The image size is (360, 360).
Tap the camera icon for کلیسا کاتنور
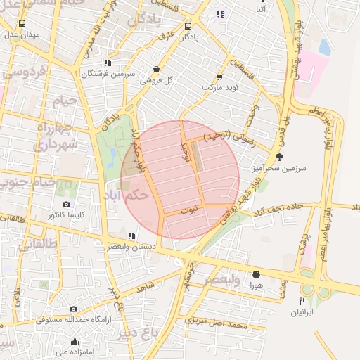pos(66,204)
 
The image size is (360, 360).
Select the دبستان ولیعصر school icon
pos(131,236)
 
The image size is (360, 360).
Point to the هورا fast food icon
pos(256,274)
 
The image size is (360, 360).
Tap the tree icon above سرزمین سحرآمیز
pos(281,157)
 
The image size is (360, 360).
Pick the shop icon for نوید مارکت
pos(219,77)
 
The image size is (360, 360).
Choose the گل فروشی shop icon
pos(155,70)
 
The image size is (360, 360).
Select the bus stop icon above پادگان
pos(187,26)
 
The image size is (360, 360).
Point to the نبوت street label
pos(189,210)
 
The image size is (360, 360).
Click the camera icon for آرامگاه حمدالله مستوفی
pos(74,309)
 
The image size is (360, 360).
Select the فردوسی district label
pos(25,71)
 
